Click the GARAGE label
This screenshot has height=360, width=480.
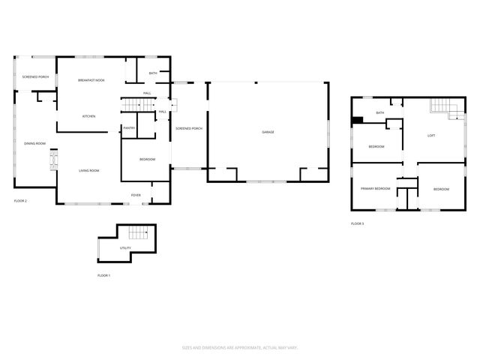(268, 132)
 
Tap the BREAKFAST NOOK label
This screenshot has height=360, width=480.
(91, 80)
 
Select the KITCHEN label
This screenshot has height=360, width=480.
(88, 116)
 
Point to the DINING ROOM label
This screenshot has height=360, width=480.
(34, 143)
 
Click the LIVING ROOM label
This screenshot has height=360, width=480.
(89, 171)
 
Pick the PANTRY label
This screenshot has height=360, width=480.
(129, 128)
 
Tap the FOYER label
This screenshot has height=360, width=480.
(136, 195)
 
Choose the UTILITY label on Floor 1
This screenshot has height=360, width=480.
(124, 247)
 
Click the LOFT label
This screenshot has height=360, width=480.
(430, 136)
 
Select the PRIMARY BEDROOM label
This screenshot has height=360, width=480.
(375, 188)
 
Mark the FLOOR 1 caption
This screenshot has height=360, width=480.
(103, 276)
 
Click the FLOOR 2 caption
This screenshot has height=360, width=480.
(20, 201)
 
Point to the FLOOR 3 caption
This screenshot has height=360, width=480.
(357, 223)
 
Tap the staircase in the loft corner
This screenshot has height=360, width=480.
(443, 109)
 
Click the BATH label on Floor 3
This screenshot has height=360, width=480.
(379, 113)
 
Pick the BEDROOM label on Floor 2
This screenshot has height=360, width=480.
(147, 160)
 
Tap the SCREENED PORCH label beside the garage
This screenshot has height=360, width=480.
(189, 129)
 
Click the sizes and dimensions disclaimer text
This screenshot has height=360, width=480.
(239, 347)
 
